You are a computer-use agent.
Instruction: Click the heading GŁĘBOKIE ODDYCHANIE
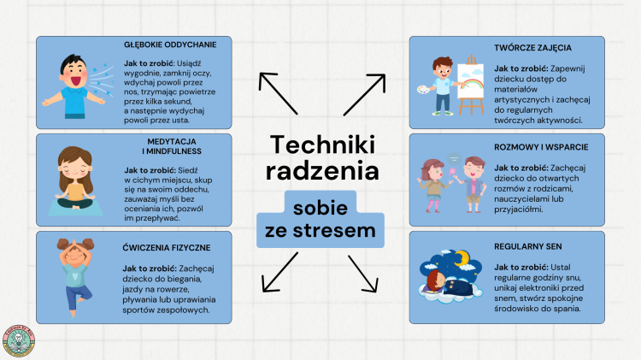click(x=170, y=44)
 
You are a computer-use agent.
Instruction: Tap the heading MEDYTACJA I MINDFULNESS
click(x=172, y=146)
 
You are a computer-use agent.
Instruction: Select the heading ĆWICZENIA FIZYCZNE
click(x=167, y=247)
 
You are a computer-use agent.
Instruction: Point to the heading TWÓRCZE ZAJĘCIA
click(x=532, y=48)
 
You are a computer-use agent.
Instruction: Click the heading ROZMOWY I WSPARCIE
click(x=541, y=147)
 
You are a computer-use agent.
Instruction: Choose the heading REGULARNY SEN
click(x=528, y=246)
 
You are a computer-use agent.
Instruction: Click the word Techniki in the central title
click(x=322, y=145)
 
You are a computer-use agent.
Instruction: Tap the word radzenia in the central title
click(x=322, y=170)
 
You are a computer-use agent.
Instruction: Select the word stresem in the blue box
click(x=334, y=230)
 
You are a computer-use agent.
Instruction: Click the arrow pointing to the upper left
click(x=278, y=93)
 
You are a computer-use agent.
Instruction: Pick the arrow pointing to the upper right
click(x=365, y=95)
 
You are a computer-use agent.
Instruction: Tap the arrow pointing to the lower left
click(x=280, y=272)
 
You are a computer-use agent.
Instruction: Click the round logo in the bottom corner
click(x=19, y=341)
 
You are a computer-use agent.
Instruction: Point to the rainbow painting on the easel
click(x=471, y=81)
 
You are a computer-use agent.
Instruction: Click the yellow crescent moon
click(x=462, y=257)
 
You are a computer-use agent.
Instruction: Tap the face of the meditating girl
click(x=75, y=168)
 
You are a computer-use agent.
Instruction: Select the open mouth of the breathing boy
click(x=76, y=80)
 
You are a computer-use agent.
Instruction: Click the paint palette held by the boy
click(x=424, y=89)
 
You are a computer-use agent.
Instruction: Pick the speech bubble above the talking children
click(x=454, y=158)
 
